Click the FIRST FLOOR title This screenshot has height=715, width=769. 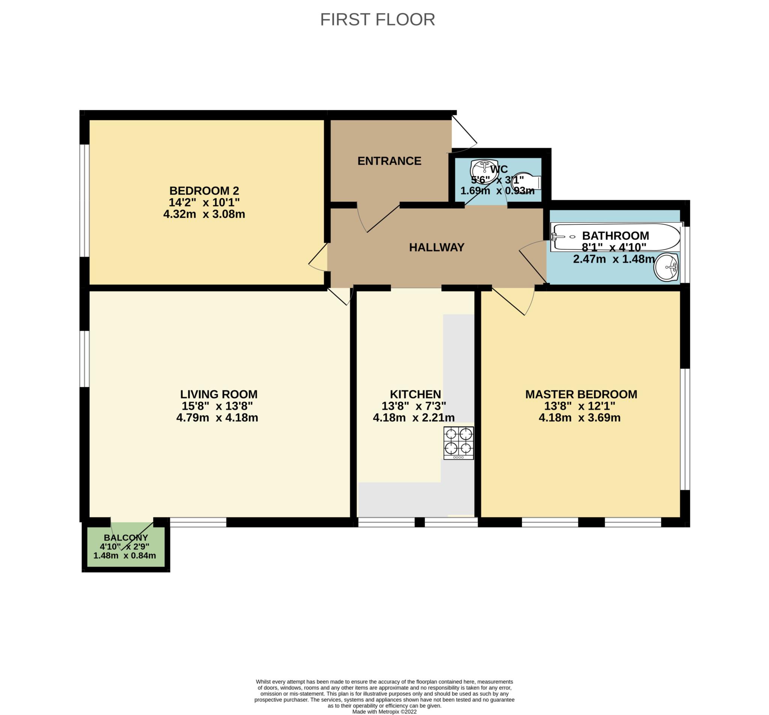coord(377,20)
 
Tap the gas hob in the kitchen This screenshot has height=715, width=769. coord(458,443)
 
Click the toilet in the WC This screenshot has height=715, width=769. coord(528,181)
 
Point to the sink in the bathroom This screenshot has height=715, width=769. coord(666,267)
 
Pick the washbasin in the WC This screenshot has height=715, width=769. coord(484,169)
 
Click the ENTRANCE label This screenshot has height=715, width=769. coord(389,161)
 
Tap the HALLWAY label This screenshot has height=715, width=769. coord(437,247)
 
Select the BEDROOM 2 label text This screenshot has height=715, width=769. coord(204,191)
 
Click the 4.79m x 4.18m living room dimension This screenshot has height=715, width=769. coord(217,418)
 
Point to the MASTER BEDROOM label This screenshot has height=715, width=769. coord(581,394)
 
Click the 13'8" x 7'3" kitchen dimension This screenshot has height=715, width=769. coord(413,406)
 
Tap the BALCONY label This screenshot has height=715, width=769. coord(126,538)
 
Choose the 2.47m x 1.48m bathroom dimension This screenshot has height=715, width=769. coord(614,259)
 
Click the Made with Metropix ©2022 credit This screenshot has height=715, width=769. coord(384,712)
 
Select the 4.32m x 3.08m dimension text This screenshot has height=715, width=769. coord(204,214)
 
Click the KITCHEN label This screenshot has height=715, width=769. coord(415,394)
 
